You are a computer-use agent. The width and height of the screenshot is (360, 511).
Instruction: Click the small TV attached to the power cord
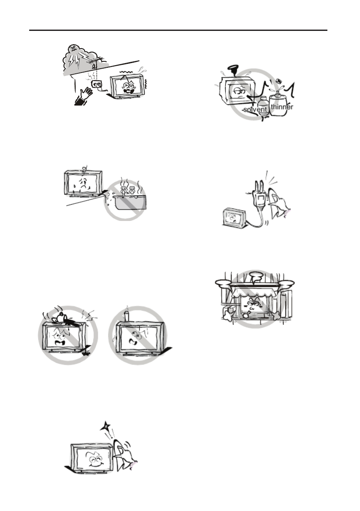point(233,217)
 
